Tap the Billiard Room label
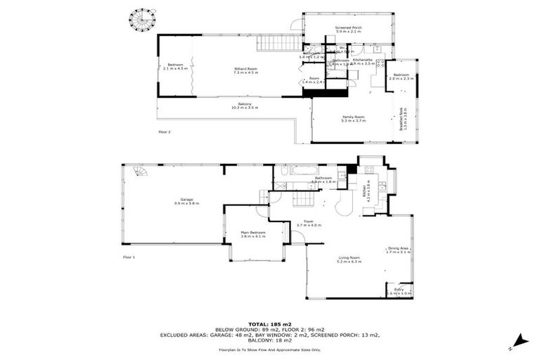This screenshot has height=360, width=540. tap(245, 70)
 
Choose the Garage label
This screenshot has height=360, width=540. tap(186, 201)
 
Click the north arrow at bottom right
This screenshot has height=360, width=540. tap(519, 341)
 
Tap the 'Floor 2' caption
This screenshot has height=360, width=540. tap(164, 131)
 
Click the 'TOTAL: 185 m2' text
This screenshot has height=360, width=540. tap(270, 323)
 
